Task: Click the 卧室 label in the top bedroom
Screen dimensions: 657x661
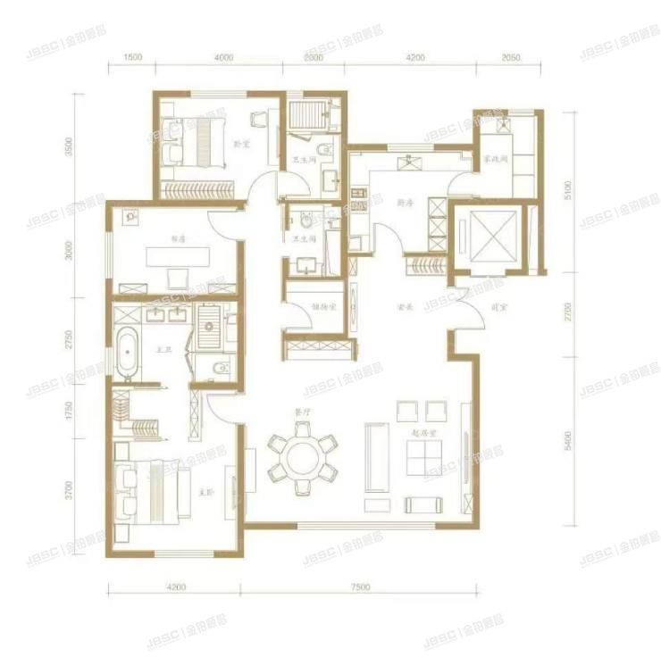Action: pos(240,142)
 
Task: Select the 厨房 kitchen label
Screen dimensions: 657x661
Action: pos(403,203)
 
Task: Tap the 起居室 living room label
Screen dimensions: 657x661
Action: pos(423,433)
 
